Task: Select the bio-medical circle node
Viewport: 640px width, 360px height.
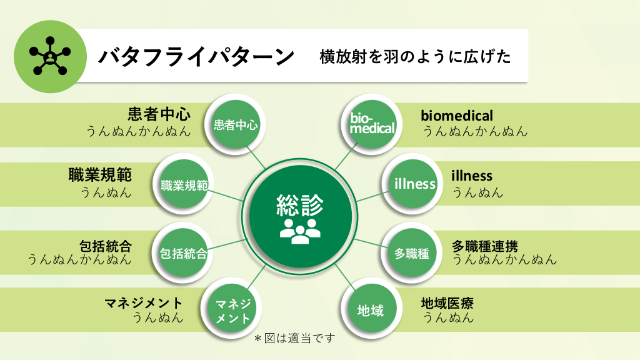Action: click(x=372, y=123)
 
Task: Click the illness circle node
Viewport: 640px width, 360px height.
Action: click(x=414, y=184)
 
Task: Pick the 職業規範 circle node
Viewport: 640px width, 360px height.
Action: click(x=184, y=185)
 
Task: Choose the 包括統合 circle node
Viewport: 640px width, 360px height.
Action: click(x=184, y=253)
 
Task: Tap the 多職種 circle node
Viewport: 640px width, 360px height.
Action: click(x=412, y=253)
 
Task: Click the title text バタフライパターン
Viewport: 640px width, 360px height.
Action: click(x=196, y=57)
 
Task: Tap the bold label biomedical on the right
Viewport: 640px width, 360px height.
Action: click(x=457, y=116)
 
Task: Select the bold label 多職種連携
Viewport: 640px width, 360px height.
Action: click(x=485, y=246)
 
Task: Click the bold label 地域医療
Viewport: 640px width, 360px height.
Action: click(x=447, y=304)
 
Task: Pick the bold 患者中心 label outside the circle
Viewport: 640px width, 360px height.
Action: click(x=159, y=115)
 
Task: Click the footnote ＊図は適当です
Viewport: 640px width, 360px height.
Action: click(x=294, y=338)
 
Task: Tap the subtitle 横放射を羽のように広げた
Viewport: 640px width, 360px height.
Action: click(x=415, y=57)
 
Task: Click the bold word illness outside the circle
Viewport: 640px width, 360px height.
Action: click(x=472, y=176)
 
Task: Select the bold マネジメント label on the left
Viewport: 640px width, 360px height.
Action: click(x=144, y=303)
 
